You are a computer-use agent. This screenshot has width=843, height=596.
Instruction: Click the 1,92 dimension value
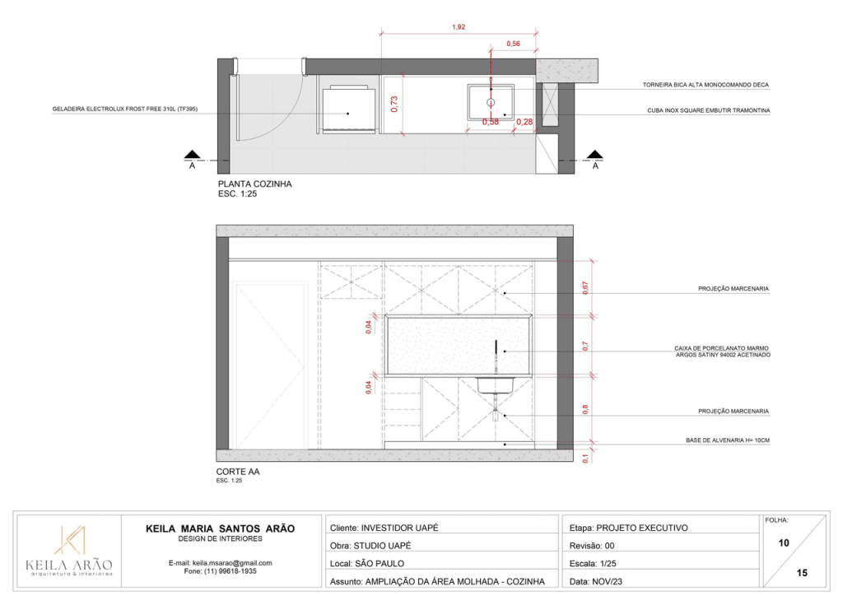(459, 27)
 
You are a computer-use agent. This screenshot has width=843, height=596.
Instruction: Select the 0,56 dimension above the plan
(513, 44)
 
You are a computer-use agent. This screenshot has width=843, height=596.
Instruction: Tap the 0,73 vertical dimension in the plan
(394, 104)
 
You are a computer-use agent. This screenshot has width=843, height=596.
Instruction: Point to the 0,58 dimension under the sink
(491, 122)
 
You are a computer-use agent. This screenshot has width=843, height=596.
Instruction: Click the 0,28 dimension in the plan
(524, 122)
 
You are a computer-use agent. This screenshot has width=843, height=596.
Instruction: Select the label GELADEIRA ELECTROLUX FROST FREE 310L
(125, 109)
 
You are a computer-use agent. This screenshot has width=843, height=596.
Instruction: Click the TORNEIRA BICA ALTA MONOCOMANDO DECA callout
(706, 85)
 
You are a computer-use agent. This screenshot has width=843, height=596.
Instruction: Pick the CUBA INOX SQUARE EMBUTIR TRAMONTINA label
(708, 110)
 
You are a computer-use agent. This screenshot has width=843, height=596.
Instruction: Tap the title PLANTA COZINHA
(255, 184)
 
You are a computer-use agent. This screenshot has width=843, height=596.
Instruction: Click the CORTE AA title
(238, 472)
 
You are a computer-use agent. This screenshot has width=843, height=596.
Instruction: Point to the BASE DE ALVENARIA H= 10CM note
(728, 440)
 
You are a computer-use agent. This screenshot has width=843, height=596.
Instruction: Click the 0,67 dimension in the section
(585, 288)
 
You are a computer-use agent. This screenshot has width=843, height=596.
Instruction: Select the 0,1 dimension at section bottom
(585, 459)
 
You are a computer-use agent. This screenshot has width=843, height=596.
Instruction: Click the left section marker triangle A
(192, 155)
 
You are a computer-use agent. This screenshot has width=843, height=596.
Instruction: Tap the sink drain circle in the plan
(491, 102)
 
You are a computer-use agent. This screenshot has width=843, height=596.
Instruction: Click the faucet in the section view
(496, 356)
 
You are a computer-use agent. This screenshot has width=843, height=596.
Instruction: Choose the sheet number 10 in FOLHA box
(784, 542)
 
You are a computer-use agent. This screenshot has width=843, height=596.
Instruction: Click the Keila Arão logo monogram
(69, 540)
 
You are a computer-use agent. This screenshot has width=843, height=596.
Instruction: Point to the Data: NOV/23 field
(596, 581)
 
